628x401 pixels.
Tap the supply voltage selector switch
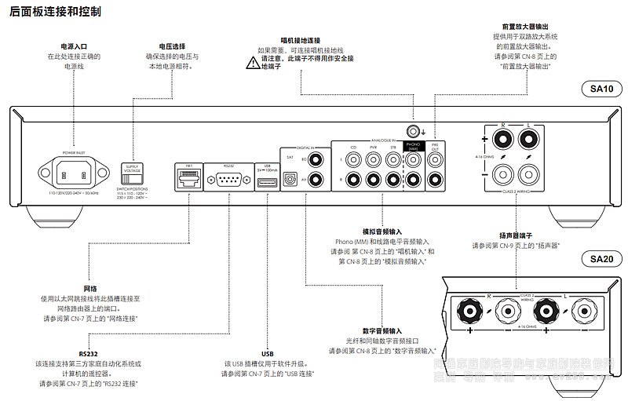pos(130,173)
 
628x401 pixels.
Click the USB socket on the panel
pos(267,181)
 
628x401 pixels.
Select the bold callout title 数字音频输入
pos(382,330)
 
